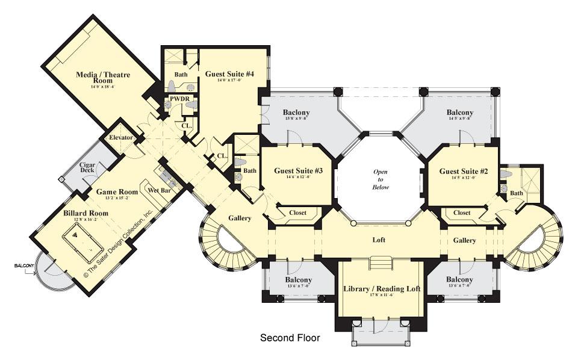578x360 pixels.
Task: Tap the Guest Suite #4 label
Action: (x=229, y=74)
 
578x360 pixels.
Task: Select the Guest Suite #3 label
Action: (x=299, y=171)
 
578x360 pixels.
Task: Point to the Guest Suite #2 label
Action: (x=464, y=171)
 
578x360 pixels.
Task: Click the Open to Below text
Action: (x=381, y=179)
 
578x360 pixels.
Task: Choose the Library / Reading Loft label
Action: (x=382, y=289)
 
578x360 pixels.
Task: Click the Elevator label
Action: (x=121, y=138)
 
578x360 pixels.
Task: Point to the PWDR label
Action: (x=179, y=98)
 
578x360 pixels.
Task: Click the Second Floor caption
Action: (x=290, y=338)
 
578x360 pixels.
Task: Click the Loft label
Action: (x=379, y=240)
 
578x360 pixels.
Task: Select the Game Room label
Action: (x=117, y=192)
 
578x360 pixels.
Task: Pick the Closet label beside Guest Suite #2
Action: (x=462, y=213)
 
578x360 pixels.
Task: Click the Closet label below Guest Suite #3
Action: (x=297, y=213)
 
